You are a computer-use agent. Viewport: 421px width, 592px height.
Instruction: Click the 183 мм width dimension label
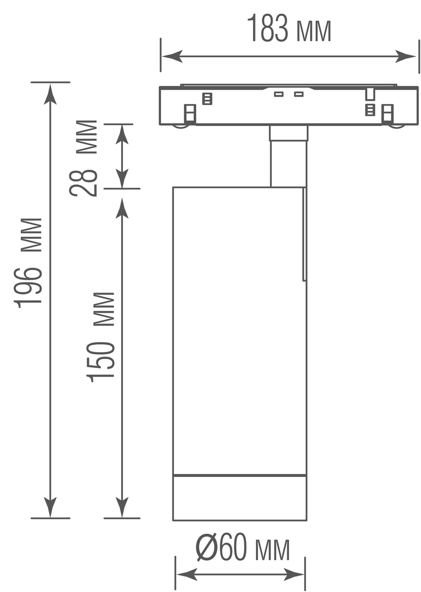(289, 28)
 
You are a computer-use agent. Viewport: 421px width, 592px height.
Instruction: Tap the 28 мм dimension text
(83, 158)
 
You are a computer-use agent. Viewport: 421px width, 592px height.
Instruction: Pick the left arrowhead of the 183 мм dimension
(172, 56)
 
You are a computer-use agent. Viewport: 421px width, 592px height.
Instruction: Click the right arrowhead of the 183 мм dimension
(406, 56)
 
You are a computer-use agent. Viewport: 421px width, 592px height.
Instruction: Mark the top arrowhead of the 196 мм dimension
(50, 94)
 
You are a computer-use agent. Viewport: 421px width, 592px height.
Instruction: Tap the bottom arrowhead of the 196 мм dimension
(50, 507)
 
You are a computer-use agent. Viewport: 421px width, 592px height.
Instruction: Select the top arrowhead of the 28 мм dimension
(122, 134)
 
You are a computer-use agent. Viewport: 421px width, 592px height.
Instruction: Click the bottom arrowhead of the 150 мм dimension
(122, 507)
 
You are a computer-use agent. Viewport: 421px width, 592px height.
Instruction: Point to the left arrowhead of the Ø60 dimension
(187, 574)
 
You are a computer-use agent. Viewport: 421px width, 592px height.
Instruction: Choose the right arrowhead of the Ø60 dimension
(294, 574)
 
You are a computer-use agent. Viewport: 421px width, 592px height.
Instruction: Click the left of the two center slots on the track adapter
(279, 94)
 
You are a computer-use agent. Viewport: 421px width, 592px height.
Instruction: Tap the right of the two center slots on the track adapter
(299, 94)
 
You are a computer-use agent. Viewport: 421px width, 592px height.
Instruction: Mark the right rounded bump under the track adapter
(397, 126)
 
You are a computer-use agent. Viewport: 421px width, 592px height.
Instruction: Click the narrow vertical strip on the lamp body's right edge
(305, 234)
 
